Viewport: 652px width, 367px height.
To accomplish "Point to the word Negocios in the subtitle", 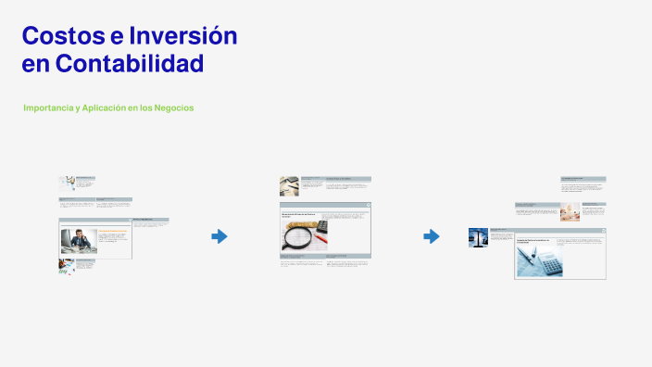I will (x=174, y=108).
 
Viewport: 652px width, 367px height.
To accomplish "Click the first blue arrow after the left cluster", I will (x=219, y=236).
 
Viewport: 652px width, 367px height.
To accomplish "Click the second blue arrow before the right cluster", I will (x=432, y=236).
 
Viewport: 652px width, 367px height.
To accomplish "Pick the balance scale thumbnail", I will (x=478, y=237).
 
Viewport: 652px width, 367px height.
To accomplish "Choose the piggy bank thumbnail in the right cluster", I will (x=570, y=212).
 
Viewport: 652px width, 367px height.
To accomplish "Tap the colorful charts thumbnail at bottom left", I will (x=66, y=266).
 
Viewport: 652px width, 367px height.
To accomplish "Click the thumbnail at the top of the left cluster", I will (x=67, y=183).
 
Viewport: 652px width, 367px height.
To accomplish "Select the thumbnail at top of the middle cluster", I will (x=289, y=185).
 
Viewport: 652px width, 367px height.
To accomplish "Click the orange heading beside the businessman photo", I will (x=112, y=230).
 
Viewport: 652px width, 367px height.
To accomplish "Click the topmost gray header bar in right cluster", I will (x=583, y=178).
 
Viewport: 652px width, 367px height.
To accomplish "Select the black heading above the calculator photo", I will (x=533, y=240).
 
